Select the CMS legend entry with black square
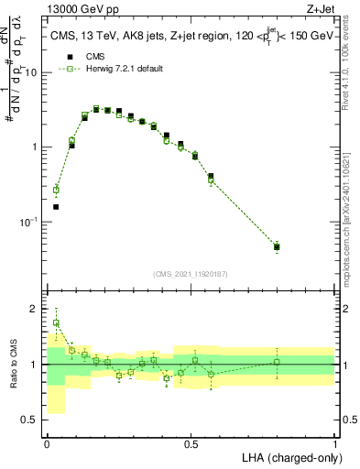pyautogui.click(x=92, y=55)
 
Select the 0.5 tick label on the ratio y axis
pyautogui.click(x=33, y=420)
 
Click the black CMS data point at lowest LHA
pyautogui.click(x=56, y=207)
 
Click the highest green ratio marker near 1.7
pyautogui.click(x=56, y=322)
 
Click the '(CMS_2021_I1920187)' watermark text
pyautogui.click(x=191, y=273)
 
